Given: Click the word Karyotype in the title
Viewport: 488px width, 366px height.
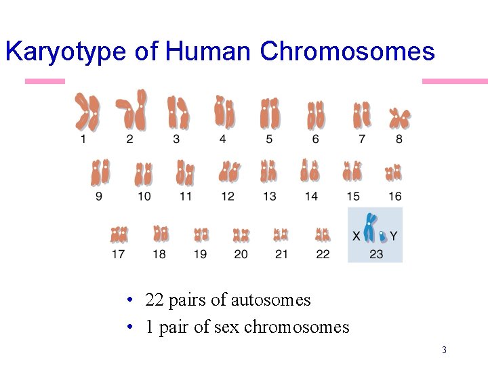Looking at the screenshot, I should click(x=65, y=52).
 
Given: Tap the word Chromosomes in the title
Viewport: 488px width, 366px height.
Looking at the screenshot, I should click(x=347, y=52).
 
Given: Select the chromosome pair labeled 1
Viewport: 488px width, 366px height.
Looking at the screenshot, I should click(x=87, y=112).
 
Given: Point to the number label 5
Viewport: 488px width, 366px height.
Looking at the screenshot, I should click(x=269, y=139).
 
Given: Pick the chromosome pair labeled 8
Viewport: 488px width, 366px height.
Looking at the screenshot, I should click(x=399, y=119).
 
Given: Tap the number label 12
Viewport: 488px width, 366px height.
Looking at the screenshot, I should click(x=228, y=197).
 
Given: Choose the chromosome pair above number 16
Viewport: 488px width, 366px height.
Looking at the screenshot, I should click(x=394, y=174).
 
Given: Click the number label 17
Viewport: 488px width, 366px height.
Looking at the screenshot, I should click(x=119, y=254).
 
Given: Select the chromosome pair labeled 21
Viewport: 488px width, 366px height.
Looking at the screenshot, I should click(x=281, y=235).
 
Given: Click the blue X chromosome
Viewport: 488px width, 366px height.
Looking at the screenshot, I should click(x=369, y=228).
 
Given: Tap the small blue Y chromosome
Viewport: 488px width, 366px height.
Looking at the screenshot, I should click(x=384, y=236).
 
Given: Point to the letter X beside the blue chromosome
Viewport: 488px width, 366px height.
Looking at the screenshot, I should click(x=357, y=237).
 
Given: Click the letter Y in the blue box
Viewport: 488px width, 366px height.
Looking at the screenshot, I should click(x=394, y=237).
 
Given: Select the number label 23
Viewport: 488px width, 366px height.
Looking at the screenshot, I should click(x=376, y=254).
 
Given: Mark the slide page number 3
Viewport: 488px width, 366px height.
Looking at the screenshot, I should click(x=444, y=350).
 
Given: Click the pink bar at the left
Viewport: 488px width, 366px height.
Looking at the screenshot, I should click(x=45, y=81).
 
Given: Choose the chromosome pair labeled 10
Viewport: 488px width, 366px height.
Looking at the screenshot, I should click(x=143, y=174).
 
